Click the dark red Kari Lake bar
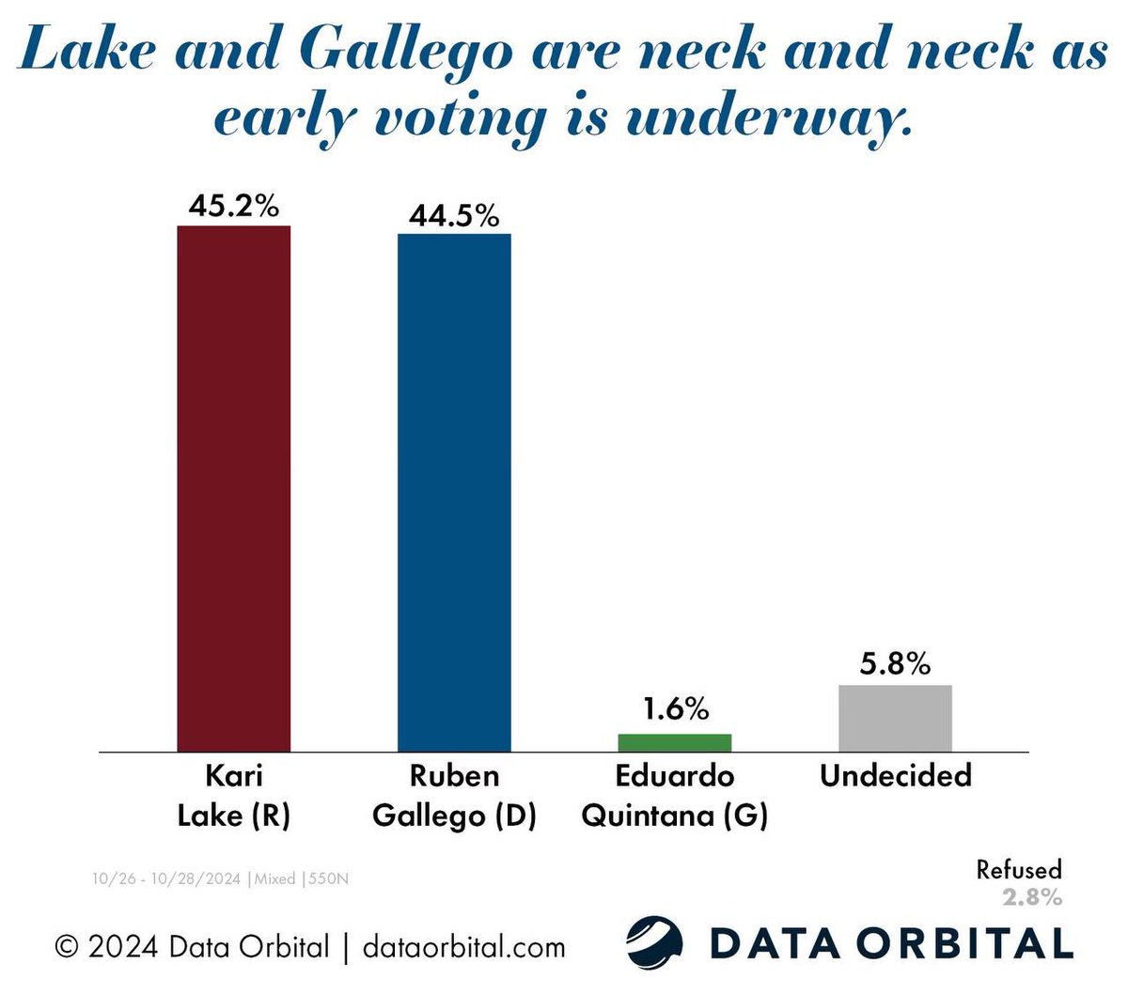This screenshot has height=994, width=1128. pos(234,489)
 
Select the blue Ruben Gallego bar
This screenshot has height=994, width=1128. pos(454,492)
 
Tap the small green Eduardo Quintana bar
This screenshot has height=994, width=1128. pos(674,742)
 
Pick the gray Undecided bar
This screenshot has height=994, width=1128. pos(895,718)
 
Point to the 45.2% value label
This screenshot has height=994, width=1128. pos(233,206)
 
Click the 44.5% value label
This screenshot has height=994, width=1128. pos(454,215)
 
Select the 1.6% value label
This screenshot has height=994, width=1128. pos(674,708)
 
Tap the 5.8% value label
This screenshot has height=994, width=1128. pos(895,663)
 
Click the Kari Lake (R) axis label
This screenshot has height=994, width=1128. pos(234,796)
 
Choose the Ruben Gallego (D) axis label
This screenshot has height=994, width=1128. pos(454,796)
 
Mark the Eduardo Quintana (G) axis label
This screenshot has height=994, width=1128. pos(674,796)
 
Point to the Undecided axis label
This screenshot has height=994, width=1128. pos(895,776)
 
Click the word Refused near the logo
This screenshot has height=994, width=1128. pos(1018,870)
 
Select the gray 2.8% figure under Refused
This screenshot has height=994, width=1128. pos(1031,897)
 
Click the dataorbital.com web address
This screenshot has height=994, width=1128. pos(463,946)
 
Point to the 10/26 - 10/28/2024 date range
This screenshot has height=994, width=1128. pos(167,879)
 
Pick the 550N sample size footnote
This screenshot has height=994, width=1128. pos(329,879)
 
